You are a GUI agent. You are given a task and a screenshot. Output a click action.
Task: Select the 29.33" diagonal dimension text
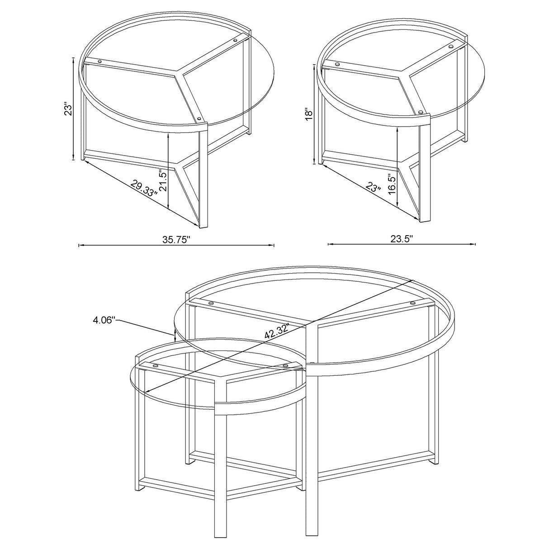pyautogui.click(x=144, y=187)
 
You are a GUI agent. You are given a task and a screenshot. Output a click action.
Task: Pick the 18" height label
pyautogui.click(x=308, y=114)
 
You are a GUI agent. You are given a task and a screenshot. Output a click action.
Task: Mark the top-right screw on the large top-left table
pyautogui.click(x=235, y=41)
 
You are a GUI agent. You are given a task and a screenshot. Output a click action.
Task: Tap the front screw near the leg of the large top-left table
pyautogui.click(x=199, y=119)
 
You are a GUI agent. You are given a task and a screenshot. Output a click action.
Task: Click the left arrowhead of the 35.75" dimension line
pyautogui.click(x=80, y=246)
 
